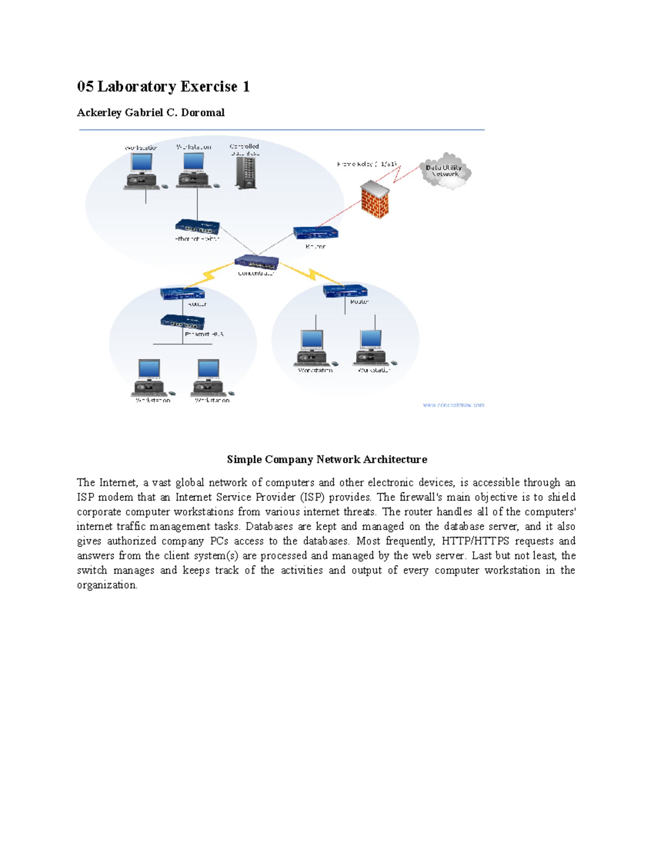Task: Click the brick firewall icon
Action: (375, 199)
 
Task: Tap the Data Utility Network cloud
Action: (445, 171)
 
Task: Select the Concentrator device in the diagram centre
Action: (257, 263)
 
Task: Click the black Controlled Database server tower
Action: (246, 174)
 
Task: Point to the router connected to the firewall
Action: (316, 233)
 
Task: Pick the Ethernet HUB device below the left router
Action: (182, 322)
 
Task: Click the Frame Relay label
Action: (367, 164)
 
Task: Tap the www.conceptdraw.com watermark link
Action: (453, 405)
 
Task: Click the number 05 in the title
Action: (85, 87)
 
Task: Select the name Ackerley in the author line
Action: (99, 113)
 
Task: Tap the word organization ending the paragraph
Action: (107, 585)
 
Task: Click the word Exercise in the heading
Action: (209, 87)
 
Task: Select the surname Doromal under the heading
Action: (203, 113)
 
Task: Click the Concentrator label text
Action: (256, 273)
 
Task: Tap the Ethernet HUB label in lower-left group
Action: (204, 334)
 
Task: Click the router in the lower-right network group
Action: (345, 291)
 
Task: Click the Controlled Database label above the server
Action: (245, 150)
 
